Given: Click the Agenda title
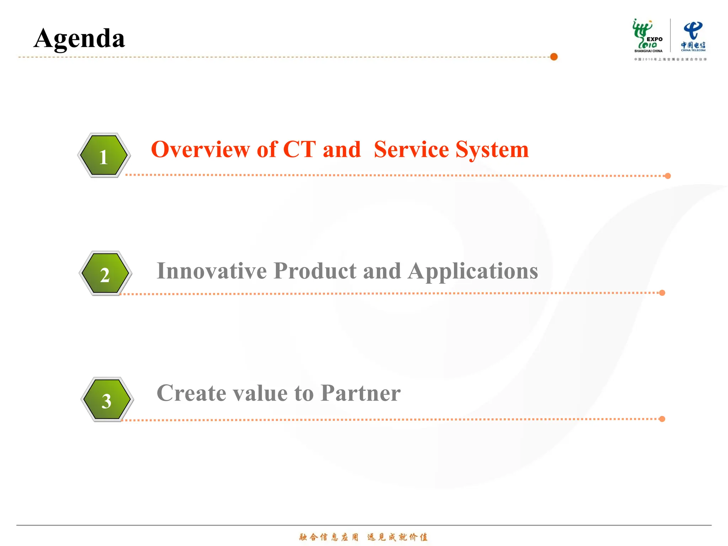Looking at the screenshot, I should [79, 38].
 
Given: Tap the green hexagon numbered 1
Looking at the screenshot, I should [104, 155].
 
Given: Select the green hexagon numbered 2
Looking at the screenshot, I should [105, 273].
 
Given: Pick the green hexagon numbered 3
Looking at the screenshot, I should [107, 400].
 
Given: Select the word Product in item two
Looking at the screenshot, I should [315, 271].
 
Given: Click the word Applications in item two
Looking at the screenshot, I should [473, 272].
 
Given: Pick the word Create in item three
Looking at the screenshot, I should [191, 393].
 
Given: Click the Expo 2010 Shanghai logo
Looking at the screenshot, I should [648, 36].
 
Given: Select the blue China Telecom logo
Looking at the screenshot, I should [693, 36].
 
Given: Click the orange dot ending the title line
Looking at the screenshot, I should [554, 57].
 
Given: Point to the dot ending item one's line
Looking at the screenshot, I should [668, 176].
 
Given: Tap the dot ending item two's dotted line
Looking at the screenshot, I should [662, 293].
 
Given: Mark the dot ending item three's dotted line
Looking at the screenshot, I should [662, 419].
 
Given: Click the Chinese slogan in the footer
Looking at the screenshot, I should [363, 537].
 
